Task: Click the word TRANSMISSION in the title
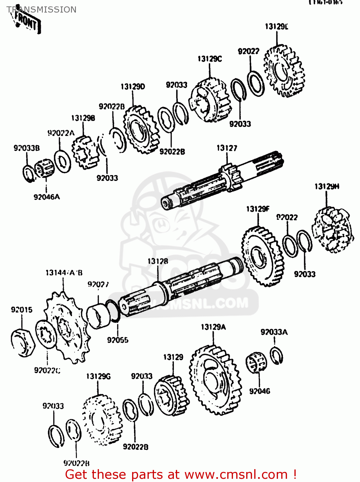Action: [41, 10]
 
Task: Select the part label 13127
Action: [227, 148]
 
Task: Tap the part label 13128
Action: [157, 261]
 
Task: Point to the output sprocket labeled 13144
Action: [67, 328]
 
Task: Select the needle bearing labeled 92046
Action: [256, 362]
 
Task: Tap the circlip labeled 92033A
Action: [276, 356]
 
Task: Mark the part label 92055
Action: [118, 340]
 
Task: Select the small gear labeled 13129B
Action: [84, 152]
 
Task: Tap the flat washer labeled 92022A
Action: [62, 161]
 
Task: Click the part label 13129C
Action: [210, 59]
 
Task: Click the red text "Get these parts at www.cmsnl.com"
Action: [180, 474]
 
